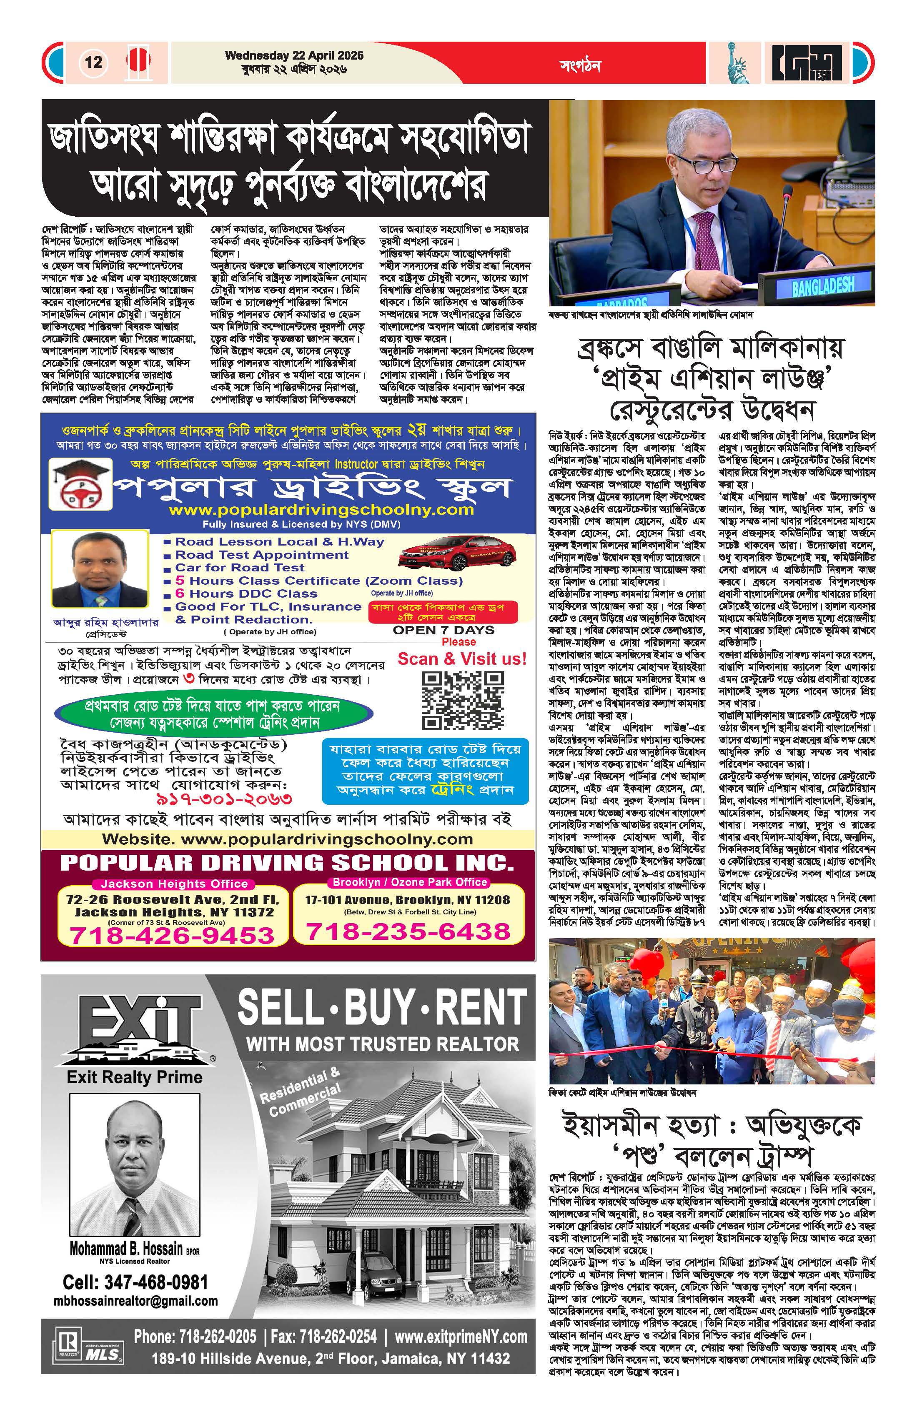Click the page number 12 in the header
(x=93, y=62)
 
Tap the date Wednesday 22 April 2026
(x=294, y=56)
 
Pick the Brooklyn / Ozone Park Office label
(x=410, y=882)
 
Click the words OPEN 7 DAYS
(x=443, y=630)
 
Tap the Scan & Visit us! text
(x=462, y=659)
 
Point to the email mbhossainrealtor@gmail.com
(x=136, y=1301)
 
